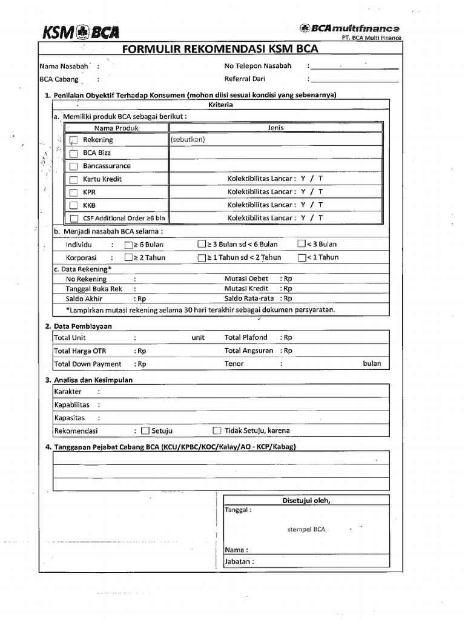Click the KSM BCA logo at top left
pyautogui.click(x=81, y=32)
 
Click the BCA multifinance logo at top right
pyautogui.click(x=349, y=28)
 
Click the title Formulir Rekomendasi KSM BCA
pyautogui.click(x=220, y=50)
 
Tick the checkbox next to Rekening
pyautogui.click(x=74, y=140)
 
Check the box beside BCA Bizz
pyautogui.click(x=74, y=153)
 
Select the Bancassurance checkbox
pyautogui.click(x=74, y=167)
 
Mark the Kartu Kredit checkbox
pyautogui.click(x=74, y=180)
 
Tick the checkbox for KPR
pyautogui.click(x=74, y=193)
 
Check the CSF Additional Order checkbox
pyautogui.click(x=74, y=219)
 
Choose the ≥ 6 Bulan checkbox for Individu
pyautogui.click(x=128, y=245)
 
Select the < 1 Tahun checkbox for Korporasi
pyautogui.click(x=302, y=257)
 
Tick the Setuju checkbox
pyautogui.click(x=145, y=431)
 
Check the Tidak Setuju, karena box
pyautogui.click(x=217, y=431)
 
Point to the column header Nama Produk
pyautogui.click(x=116, y=128)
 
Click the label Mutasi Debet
pyautogui.click(x=246, y=279)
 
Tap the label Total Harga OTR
pyautogui.click(x=81, y=351)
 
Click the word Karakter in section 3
pyautogui.click(x=68, y=392)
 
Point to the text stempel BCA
pyautogui.click(x=306, y=529)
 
